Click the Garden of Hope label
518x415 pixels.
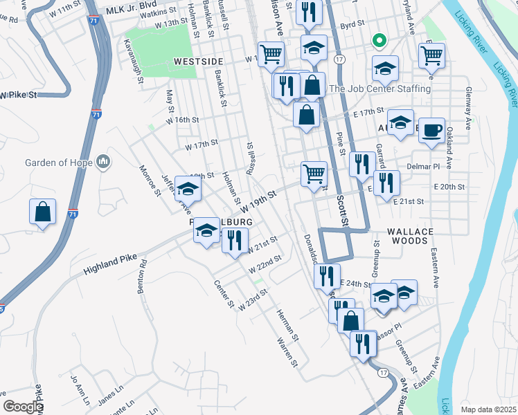tap(60, 163)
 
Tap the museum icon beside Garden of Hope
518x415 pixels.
tap(104, 162)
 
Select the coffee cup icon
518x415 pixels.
tap(431, 129)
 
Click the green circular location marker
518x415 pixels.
tap(378, 41)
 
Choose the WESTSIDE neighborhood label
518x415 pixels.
tap(197, 62)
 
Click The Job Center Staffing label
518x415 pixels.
tap(379, 89)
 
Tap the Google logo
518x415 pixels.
tap(22, 407)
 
